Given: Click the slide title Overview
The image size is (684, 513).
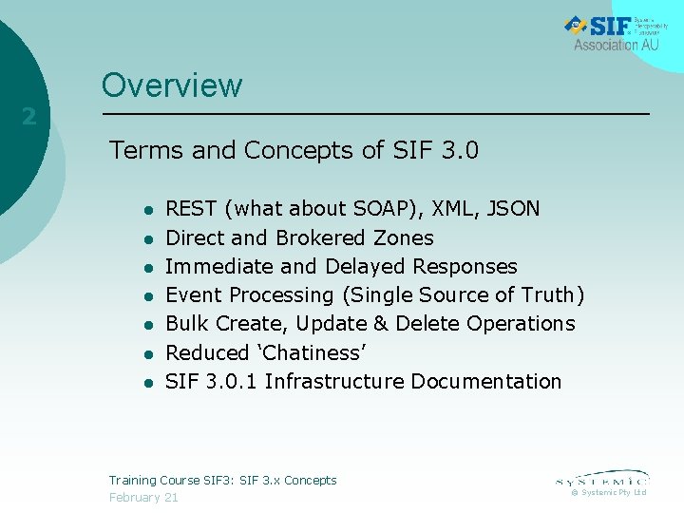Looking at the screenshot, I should [x=172, y=85].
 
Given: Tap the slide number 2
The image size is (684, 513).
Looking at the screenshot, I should [x=29, y=117].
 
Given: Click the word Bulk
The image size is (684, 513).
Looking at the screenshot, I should [x=187, y=323].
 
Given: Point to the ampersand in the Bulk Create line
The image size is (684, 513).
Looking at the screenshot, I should [x=381, y=323].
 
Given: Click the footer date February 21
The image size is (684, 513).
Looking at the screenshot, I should [x=143, y=498].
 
